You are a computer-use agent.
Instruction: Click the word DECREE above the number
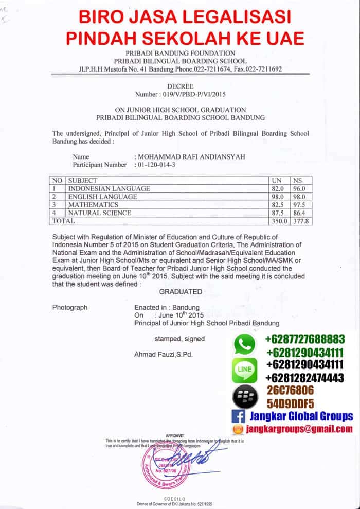180,87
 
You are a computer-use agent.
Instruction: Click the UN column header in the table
277,181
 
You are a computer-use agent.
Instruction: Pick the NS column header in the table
297,181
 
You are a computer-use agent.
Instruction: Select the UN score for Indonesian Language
278,189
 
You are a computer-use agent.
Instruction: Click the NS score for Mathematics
299,205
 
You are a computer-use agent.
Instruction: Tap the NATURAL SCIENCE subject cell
99,213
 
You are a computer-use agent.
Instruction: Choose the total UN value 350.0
278,221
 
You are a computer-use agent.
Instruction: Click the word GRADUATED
181,291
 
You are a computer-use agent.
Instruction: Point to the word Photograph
70,307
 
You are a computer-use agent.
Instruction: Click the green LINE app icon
245,370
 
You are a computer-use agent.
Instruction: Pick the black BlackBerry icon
245,397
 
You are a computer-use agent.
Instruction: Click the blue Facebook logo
238,416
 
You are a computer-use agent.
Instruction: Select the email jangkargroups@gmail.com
300,429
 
